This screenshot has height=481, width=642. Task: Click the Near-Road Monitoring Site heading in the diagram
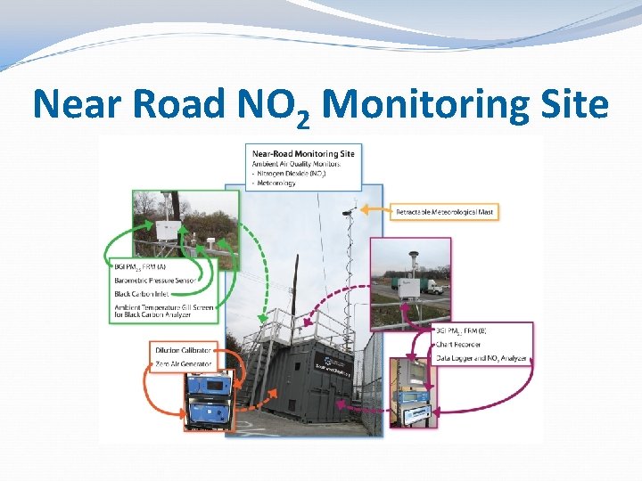pyautogui.click(x=303, y=153)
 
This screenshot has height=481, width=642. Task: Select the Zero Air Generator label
pyautogui.click(x=182, y=364)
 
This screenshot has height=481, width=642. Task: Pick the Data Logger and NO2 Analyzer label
pyautogui.click(x=482, y=357)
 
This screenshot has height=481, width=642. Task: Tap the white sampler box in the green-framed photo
pyautogui.click(x=166, y=230)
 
